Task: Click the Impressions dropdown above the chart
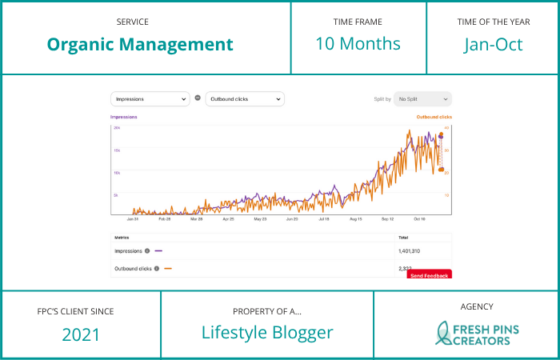click(150, 99)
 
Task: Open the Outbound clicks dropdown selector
click(245, 99)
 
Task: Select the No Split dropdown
click(422, 99)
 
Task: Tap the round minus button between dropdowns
click(198, 98)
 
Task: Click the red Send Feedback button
click(430, 274)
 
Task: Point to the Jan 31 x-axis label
click(133, 218)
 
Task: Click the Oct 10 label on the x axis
click(419, 218)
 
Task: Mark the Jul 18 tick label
click(324, 218)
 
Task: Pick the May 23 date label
click(260, 218)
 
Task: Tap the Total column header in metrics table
click(403, 238)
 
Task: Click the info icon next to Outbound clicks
click(157, 269)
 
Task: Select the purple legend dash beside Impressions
click(158, 250)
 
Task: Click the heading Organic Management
click(140, 44)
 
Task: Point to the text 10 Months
click(358, 43)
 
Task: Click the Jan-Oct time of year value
click(494, 44)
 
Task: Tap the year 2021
click(81, 334)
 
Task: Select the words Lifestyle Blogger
click(267, 333)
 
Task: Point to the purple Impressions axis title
click(124, 117)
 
